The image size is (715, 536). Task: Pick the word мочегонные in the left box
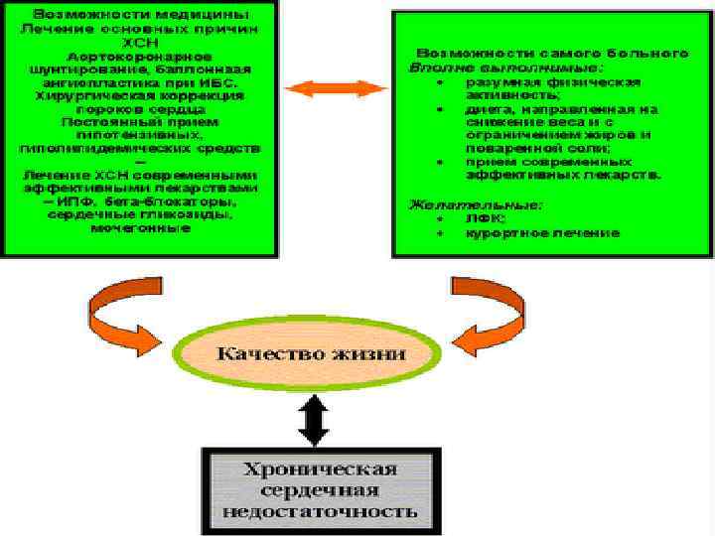140,227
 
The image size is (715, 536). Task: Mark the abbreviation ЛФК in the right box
479,219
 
